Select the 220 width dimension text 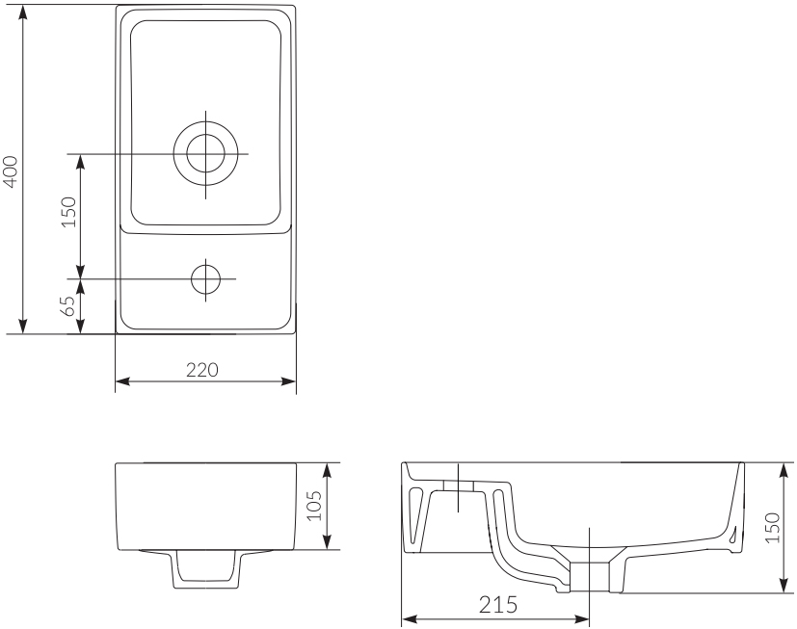204,369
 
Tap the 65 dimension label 67,306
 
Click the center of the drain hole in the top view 205,154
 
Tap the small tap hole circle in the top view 205,278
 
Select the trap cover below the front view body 204,570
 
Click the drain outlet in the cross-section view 590,576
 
